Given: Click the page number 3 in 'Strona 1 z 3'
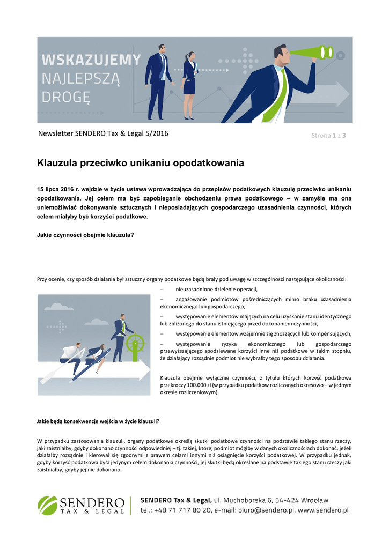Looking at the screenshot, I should pyautogui.click(x=343, y=136).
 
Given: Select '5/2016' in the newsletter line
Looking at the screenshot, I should pyautogui.click(x=155, y=133).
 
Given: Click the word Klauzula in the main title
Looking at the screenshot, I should pyautogui.click(x=58, y=162).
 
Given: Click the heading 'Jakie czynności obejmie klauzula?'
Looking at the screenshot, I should pyautogui.click(x=85, y=235).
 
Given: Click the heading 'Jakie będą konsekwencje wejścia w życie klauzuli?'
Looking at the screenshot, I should pyautogui.click(x=98, y=421).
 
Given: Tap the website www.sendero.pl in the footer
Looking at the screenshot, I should pyautogui.click(x=323, y=510).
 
